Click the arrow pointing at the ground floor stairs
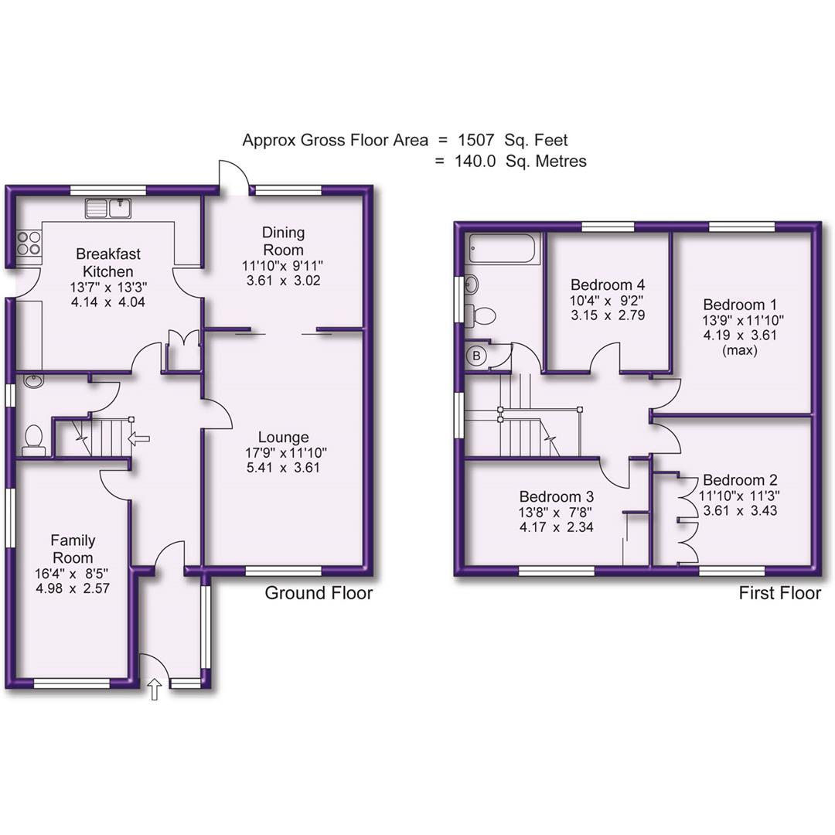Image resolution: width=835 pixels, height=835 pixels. (x=139, y=439)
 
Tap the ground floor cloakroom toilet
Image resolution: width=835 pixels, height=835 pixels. (x=34, y=438)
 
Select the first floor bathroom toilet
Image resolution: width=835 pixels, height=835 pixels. (x=482, y=315)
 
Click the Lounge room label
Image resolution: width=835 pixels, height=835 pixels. (x=284, y=437)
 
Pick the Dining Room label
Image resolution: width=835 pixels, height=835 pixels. (x=283, y=240)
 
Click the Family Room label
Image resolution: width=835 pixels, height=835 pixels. (x=72, y=549)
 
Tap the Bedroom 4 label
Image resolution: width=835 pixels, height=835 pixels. (x=607, y=284)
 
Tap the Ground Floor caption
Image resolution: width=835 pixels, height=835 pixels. (x=319, y=593)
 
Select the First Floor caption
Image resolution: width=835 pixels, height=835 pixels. (x=779, y=593)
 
